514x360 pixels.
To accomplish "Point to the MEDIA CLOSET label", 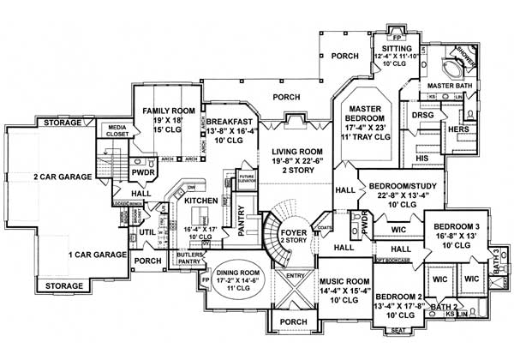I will (118, 132).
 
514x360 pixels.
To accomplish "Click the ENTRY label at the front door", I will (295, 276).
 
